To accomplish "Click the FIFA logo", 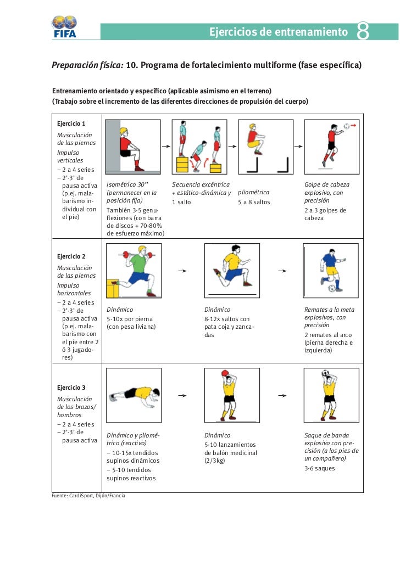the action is (64, 26).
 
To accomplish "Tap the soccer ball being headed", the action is (346, 126).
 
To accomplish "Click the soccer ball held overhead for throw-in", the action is (325, 373).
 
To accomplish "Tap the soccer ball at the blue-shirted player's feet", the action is (332, 288).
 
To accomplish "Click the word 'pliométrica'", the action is (253, 193).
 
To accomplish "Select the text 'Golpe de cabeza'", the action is (326, 185).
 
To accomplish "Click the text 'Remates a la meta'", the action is (329, 310).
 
